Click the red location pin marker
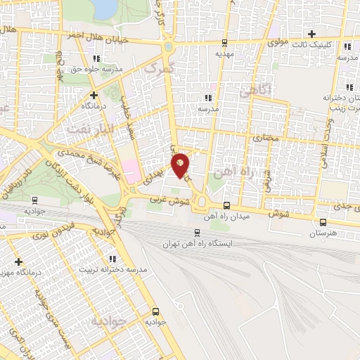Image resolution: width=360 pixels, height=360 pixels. pyautogui.click(x=180, y=165)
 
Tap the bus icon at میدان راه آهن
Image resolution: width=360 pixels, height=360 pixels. pyautogui.click(x=226, y=205)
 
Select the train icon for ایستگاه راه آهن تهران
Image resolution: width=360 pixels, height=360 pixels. pyautogui.click(x=197, y=233)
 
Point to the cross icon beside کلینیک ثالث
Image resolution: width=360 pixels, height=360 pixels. pyautogui.click(x=312, y=33)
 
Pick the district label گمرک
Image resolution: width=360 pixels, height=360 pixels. pyautogui.click(x=156, y=70)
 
